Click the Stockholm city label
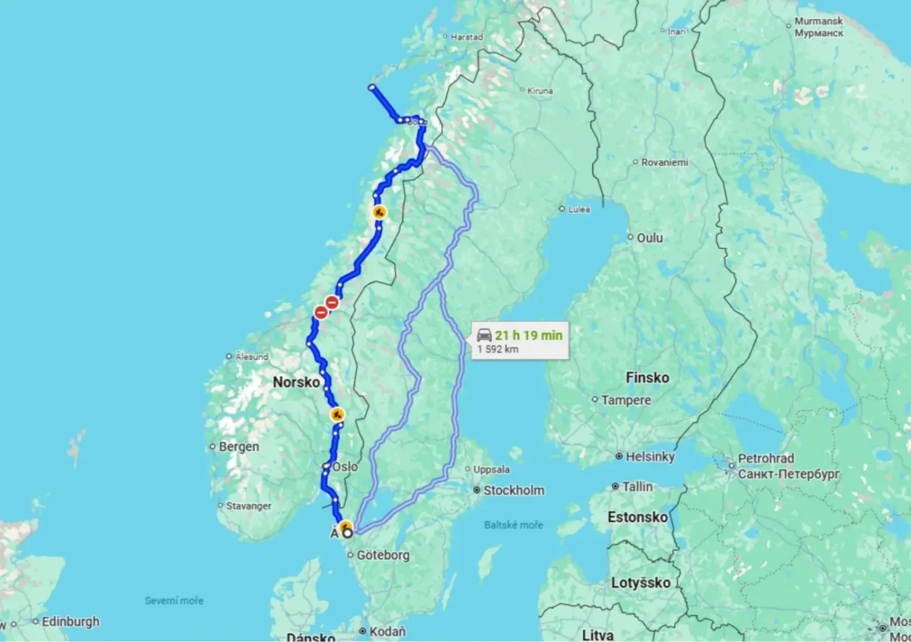point(514,491)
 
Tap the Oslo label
point(345,467)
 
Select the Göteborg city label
point(383,555)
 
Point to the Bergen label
point(238,446)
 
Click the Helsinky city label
point(650,457)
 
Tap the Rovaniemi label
point(665,162)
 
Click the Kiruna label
point(540,90)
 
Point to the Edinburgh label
point(70,622)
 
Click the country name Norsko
point(295,382)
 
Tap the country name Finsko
point(647,378)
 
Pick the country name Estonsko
point(638,517)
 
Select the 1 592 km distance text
point(498,349)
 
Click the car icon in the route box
point(484,335)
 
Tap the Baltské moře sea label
point(513,525)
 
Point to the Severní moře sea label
point(174,601)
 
